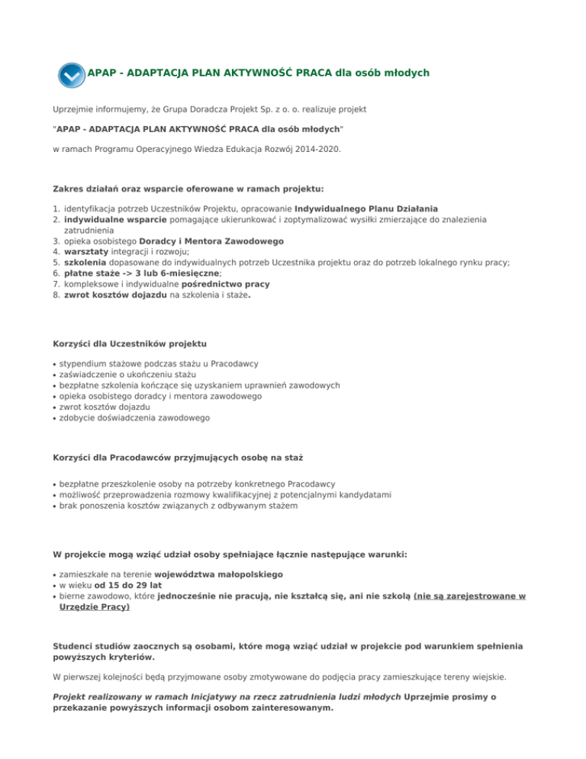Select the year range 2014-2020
tap(313, 150)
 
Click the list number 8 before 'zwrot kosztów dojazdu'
tap(56, 294)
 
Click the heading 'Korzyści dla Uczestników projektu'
tap(130, 344)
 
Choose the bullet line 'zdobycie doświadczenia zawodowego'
tap(134, 418)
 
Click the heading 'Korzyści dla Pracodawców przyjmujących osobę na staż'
tap(178, 457)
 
